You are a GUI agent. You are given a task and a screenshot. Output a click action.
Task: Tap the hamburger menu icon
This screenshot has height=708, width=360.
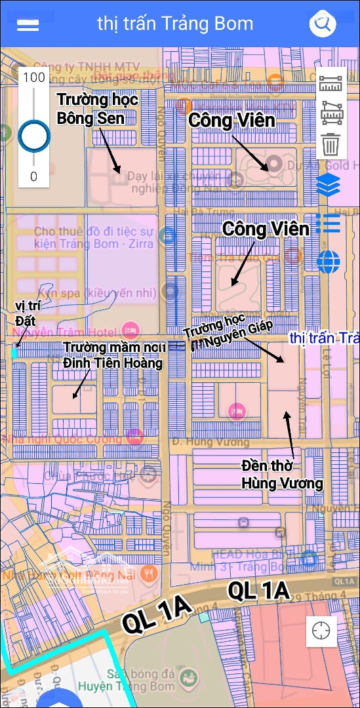[28, 25]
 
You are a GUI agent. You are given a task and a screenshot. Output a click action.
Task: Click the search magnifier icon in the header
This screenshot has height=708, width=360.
[322, 25]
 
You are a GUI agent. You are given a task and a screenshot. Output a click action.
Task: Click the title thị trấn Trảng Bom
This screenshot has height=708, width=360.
[175, 24]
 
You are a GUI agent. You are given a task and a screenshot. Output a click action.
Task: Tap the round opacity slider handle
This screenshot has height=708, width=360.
[33, 136]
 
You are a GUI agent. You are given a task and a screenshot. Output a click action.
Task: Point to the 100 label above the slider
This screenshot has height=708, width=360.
[33, 77]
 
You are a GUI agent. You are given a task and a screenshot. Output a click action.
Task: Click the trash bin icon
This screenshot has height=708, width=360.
[331, 143]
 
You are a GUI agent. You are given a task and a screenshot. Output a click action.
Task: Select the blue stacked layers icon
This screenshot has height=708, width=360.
[329, 185]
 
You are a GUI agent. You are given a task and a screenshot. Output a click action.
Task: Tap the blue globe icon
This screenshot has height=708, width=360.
[329, 262]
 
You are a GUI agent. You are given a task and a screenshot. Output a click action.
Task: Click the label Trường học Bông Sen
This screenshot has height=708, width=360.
[97, 109]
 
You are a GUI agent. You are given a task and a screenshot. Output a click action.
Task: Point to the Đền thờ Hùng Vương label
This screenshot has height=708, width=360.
[282, 475]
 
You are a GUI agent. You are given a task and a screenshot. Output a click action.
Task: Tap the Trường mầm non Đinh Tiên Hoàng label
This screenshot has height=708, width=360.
[113, 354]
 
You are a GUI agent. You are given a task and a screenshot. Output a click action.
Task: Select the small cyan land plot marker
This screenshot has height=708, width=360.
[14, 353]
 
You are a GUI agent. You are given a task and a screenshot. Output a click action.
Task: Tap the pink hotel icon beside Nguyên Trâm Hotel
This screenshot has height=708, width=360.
[130, 327]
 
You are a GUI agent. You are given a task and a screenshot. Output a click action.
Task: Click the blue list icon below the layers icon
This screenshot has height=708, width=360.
[327, 224]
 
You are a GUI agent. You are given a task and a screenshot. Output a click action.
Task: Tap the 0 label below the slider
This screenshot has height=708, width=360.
[33, 176]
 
